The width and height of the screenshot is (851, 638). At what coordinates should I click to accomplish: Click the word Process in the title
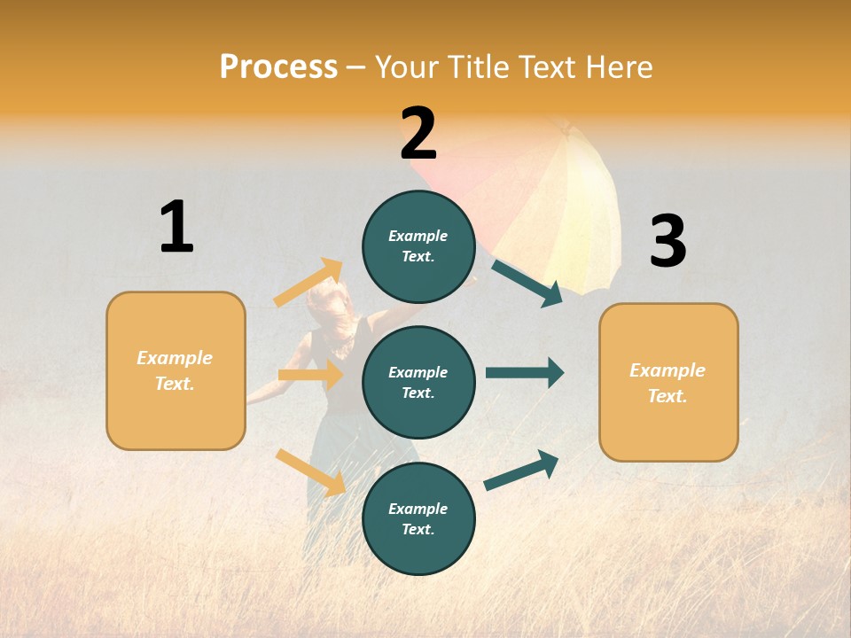tap(278, 66)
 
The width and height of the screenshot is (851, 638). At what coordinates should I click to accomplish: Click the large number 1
tap(176, 227)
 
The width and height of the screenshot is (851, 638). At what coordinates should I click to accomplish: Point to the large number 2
tap(418, 134)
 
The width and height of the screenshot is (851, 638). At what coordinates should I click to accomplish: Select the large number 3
tap(668, 241)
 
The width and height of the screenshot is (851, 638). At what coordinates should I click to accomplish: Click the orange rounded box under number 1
tap(176, 370)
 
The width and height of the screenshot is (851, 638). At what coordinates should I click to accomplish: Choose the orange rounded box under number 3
tap(668, 382)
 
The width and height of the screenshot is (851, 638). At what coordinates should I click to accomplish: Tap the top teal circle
tap(418, 246)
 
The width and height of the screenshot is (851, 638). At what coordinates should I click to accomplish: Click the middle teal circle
tap(418, 382)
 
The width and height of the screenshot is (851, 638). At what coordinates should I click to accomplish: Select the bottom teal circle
tap(418, 518)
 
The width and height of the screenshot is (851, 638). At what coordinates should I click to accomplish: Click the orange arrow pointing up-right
tap(308, 283)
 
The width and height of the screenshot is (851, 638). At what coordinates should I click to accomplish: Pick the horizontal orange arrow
tap(311, 375)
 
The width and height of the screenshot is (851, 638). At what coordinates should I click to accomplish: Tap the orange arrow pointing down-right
tap(310, 471)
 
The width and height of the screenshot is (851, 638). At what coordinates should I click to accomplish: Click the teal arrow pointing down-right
tap(527, 283)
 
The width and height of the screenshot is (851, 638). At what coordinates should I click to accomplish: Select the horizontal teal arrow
tap(525, 373)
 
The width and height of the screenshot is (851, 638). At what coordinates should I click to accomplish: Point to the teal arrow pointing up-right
tap(521, 471)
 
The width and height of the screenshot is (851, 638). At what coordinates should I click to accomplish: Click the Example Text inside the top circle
tap(418, 246)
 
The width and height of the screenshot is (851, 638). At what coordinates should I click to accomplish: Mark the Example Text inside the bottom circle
tap(418, 518)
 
